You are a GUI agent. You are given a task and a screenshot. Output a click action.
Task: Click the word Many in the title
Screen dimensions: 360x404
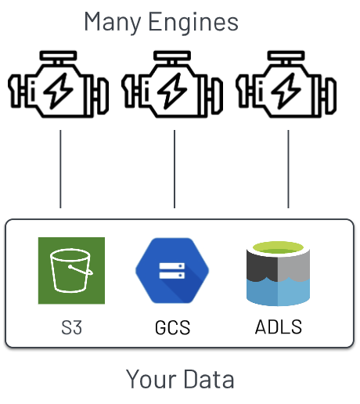click(113, 23)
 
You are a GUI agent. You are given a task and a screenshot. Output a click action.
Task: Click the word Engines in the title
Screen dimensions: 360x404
click(193, 23)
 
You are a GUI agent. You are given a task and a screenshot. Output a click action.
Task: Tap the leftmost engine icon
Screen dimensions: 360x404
click(59, 84)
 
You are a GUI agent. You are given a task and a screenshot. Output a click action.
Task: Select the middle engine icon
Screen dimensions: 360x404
click(172, 84)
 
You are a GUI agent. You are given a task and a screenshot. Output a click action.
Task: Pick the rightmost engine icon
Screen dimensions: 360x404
click(286, 84)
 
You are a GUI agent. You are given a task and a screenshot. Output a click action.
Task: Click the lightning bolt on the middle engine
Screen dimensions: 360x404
click(172, 91)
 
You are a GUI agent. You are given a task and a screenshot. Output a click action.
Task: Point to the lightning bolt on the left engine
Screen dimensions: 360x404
click(59, 91)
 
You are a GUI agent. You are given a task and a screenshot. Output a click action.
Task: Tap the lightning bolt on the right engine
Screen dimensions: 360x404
click(286, 91)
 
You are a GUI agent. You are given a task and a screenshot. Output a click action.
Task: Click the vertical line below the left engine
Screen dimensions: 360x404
click(60, 169)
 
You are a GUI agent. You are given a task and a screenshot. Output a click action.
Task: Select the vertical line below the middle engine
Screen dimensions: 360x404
click(175, 169)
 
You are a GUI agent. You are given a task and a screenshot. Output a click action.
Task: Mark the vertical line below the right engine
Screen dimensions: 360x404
click(288, 169)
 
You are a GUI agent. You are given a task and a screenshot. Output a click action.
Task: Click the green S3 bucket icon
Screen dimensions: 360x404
click(71, 271)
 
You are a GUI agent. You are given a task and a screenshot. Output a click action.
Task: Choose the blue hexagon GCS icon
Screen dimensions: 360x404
click(172, 271)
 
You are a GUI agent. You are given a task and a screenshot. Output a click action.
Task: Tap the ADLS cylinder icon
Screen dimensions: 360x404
click(278, 273)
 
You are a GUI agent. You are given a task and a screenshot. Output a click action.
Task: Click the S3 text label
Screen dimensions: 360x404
click(71, 327)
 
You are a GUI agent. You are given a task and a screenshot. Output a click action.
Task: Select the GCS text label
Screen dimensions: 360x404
click(172, 327)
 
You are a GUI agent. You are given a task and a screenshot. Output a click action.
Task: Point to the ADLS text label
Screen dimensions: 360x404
click(279, 326)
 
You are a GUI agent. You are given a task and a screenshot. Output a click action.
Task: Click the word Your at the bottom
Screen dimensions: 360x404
click(151, 379)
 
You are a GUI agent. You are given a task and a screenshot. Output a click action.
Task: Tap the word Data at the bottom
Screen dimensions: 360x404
click(209, 379)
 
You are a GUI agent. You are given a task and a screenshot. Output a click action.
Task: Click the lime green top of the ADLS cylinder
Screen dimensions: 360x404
click(278, 247)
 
